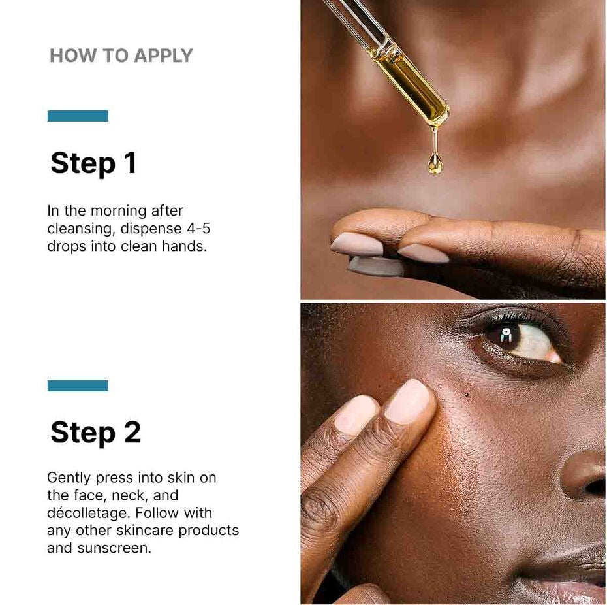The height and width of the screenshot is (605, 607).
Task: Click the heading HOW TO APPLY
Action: click(121, 56)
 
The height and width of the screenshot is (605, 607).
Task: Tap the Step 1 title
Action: click(93, 163)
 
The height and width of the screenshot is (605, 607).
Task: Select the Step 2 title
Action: click(95, 432)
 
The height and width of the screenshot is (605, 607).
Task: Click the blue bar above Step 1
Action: click(78, 116)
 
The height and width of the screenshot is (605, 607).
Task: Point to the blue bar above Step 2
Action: click(78, 385)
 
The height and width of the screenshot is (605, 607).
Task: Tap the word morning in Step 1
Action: click(119, 211)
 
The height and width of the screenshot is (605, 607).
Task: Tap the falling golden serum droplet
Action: click(435, 163)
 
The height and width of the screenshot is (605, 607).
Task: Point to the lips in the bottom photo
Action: click(574, 575)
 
